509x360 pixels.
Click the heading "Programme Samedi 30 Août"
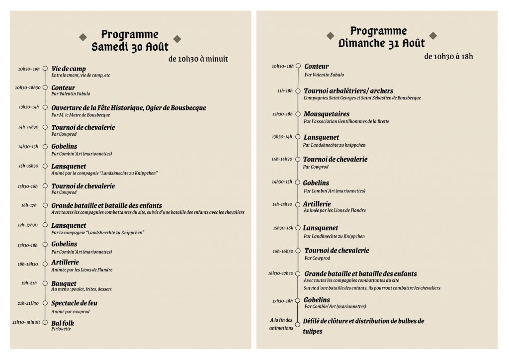pyautogui.click(x=130, y=41)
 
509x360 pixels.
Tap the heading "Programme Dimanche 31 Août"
pyautogui.click(x=378, y=37)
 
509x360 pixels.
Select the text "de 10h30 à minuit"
pyautogui.click(x=198, y=59)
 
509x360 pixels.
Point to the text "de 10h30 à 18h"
pyautogui.click(x=448, y=57)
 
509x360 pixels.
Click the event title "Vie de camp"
pyautogui.click(x=69, y=69)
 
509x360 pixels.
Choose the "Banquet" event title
pyautogui.click(x=64, y=283)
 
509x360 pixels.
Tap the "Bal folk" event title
pyautogui.click(x=63, y=323)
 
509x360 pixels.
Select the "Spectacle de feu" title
pyautogui.click(x=75, y=303)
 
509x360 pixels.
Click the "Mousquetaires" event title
pyautogui.click(x=327, y=114)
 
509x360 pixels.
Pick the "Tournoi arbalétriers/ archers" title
pyautogui.click(x=348, y=91)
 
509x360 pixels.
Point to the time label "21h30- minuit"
pyautogui.click(x=25, y=323)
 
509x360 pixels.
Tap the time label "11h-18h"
pyautogui.click(x=284, y=91)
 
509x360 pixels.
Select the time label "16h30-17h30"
pyautogui.click(x=281, y=273)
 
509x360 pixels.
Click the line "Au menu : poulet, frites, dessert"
pyautogui.click(x=81, y=289)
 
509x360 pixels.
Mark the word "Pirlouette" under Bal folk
pyautogui.click(x=62, y=329)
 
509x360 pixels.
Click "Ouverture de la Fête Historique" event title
pyautogui.click(x=128, y=107)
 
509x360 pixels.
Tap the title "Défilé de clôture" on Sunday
pyautogui.click(x=363, y=321)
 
